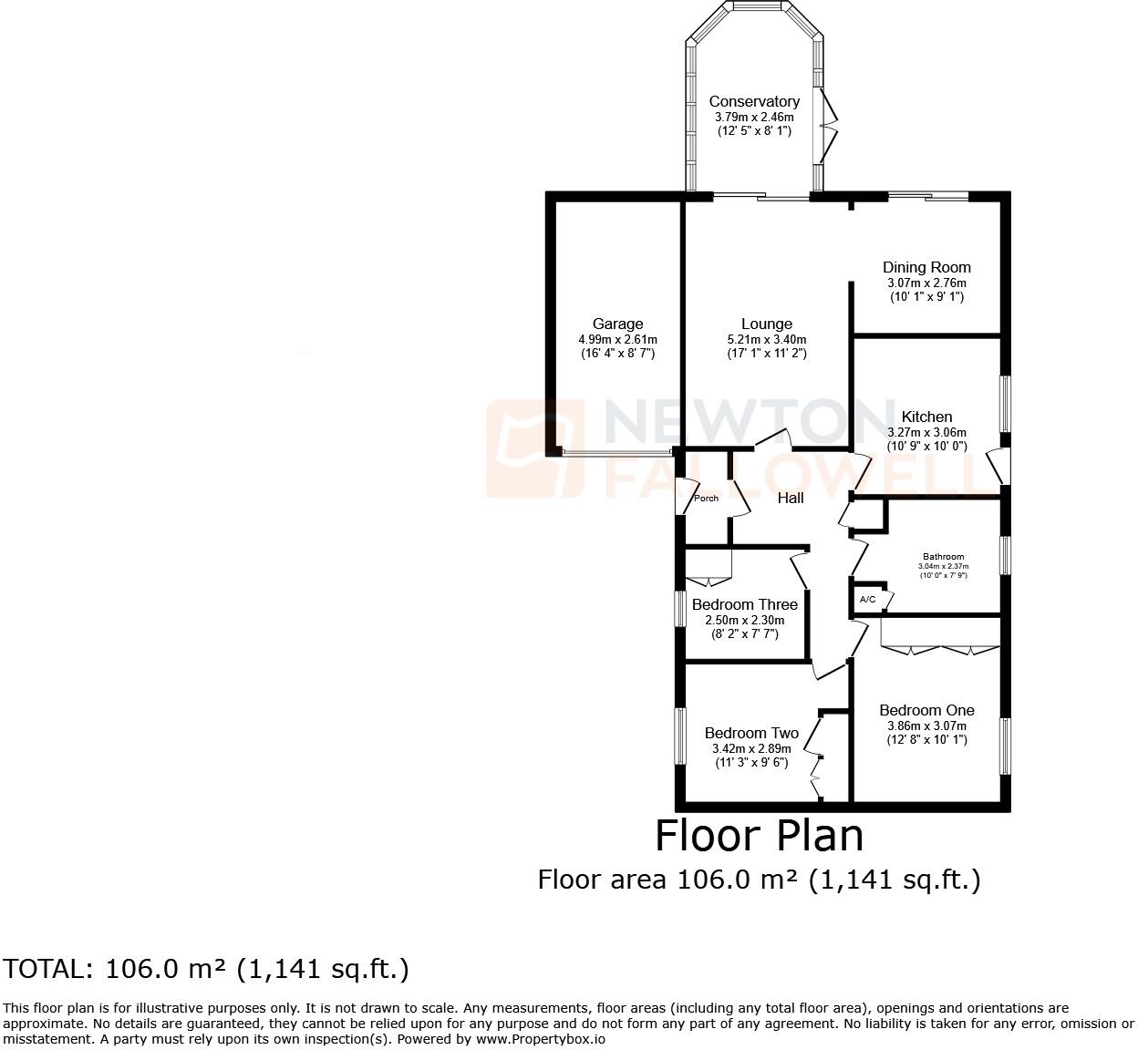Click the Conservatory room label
pos(754,102)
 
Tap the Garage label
pos(617,324)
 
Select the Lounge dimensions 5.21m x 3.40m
pos(766,339)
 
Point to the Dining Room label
pos(926,267)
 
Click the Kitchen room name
pos(926,417)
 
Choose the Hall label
pos(791,498)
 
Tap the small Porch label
pos(706,498)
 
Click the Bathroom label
pos(943,556)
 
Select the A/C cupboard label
pos(867,599)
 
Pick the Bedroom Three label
pos(744,604)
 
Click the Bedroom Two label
pos(751,733)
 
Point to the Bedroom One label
pos(926,710)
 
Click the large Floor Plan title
pos(759,836)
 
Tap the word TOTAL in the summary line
pos(46,969)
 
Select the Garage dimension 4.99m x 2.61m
pos(617,339)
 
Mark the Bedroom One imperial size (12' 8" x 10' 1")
pos(926,740)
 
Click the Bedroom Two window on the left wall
pos(679,736)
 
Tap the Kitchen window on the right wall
pos(1006,403)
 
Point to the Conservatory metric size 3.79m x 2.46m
pos(754,117)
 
